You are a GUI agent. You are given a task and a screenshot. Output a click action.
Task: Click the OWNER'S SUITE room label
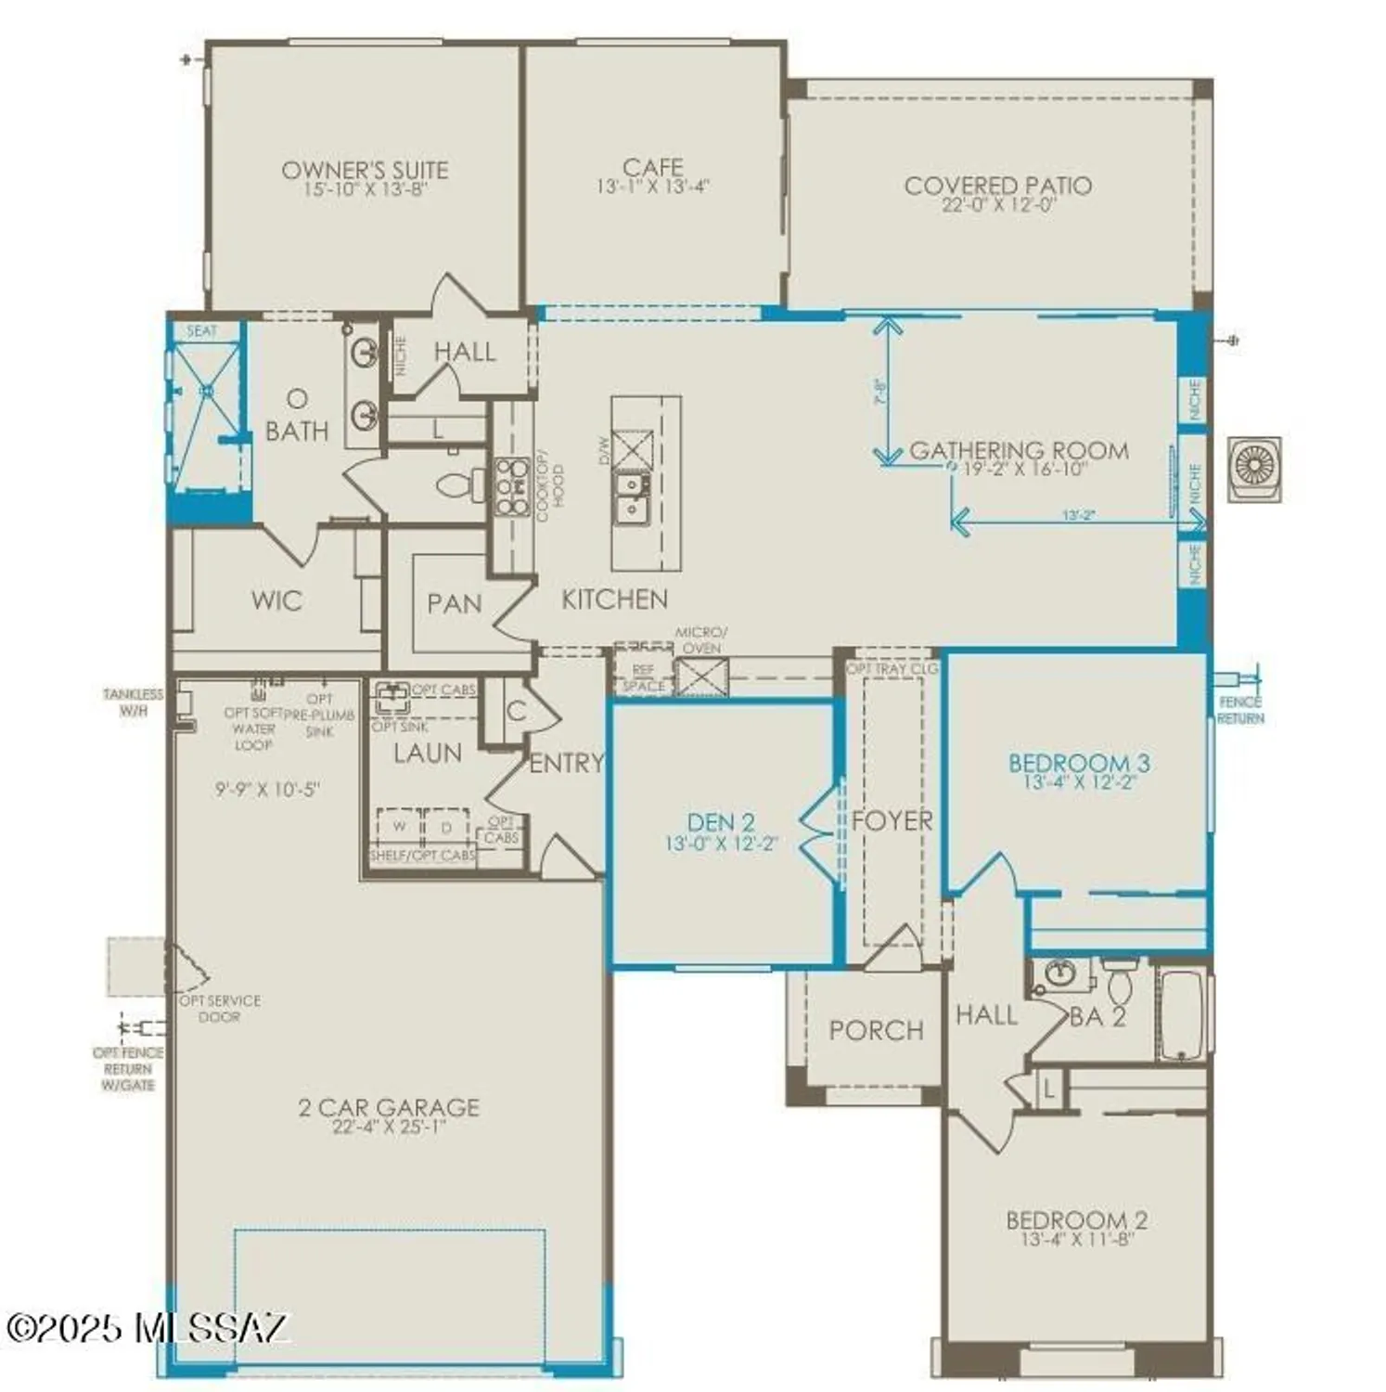click(365, 171)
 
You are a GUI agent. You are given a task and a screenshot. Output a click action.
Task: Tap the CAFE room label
click(652, 168)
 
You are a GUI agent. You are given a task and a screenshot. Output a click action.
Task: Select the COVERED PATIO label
click(997, 186)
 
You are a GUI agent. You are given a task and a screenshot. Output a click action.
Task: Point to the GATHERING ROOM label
click(1019, 451)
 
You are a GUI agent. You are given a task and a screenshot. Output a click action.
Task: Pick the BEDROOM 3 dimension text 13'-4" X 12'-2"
click(1080, 782)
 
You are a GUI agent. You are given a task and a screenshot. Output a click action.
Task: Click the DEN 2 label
click(721, 822)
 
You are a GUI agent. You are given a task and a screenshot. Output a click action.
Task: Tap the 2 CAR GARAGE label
click(389, 1107)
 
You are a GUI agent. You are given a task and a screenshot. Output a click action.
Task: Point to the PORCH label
click(876, 1030)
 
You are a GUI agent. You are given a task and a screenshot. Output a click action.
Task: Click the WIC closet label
click(276, 600)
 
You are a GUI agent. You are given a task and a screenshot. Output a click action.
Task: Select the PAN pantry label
click(454, 604)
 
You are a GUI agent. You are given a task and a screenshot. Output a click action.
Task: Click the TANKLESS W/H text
click(133, 702)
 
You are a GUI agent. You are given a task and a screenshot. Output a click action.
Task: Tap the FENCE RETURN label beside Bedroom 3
click(1240, 711)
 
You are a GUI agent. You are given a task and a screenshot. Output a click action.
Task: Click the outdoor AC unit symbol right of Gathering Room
click(1254, 469)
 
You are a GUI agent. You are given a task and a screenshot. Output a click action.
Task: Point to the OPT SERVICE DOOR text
click(220, 1008)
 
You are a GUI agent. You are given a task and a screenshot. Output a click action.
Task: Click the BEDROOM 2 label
click(1077, 1220)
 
